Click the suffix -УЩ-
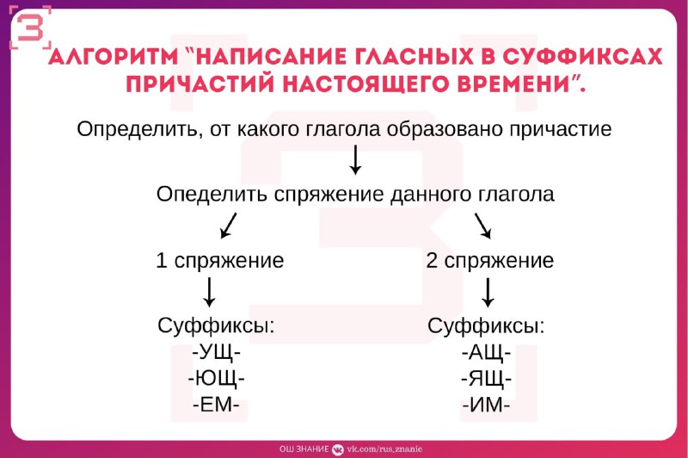(x=217, y=352)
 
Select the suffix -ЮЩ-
(x=217, y=378)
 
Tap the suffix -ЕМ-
(x=216, y=405)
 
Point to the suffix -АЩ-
(x=486, y=352)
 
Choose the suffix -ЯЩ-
(x=486, y=378)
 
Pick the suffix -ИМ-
(x=486, y=405)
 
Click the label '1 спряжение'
(x=220, y=260)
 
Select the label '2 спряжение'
(x=489, y=260)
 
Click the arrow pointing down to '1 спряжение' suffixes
(x=209, y=292)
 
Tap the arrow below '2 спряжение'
(x=488, y=292)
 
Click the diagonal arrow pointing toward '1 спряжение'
(x=228, y=226)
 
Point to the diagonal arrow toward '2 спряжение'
(x=482, y=226)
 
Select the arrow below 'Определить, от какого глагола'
(x=355, y=159)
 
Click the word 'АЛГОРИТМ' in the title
(x=114, y=56)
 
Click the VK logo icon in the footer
(x=338, y=449)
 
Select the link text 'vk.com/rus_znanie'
(x=384, y=449)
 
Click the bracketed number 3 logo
(x=30, y=28)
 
